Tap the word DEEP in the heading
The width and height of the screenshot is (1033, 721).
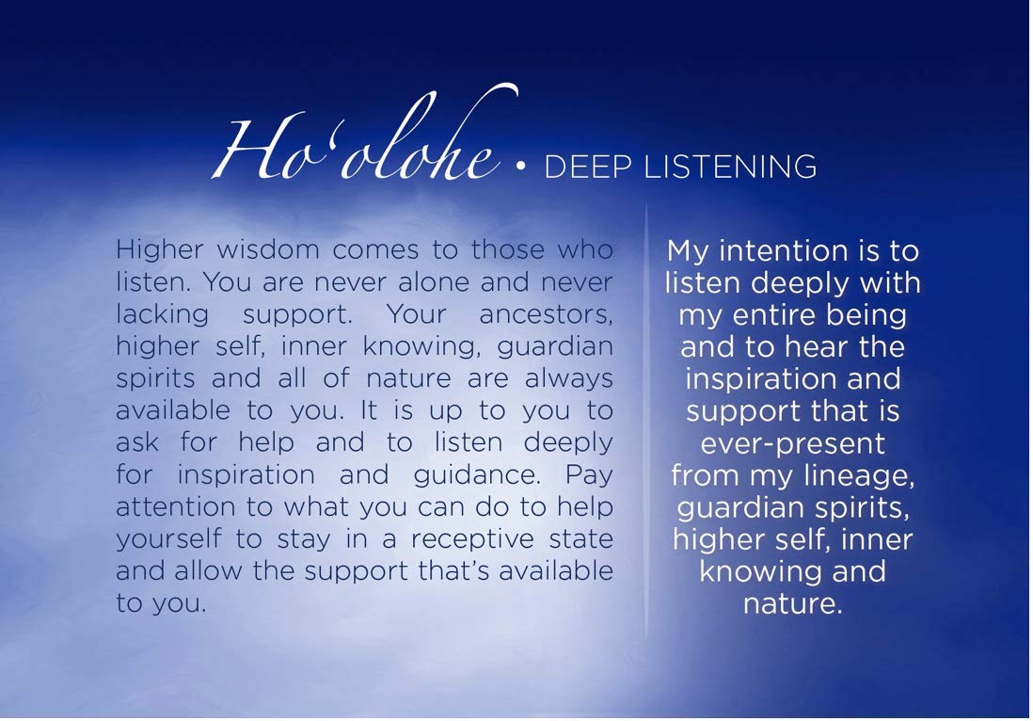(588, 167)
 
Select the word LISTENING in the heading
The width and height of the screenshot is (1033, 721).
(730, 167)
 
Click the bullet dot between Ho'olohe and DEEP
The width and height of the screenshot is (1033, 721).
(521, 168)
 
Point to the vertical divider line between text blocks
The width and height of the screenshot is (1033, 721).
(646, 422)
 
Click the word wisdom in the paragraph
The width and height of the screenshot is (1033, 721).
(268, 249)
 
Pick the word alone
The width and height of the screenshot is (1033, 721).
(434, 282)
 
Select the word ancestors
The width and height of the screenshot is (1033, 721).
(546, 315)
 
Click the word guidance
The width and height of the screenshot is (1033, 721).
(477, 476)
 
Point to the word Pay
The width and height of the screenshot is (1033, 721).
(589, 476)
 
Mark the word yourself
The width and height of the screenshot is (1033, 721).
(168, 539)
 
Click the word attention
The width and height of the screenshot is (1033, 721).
(175, 507)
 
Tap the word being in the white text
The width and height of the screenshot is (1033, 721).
(866, 316)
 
